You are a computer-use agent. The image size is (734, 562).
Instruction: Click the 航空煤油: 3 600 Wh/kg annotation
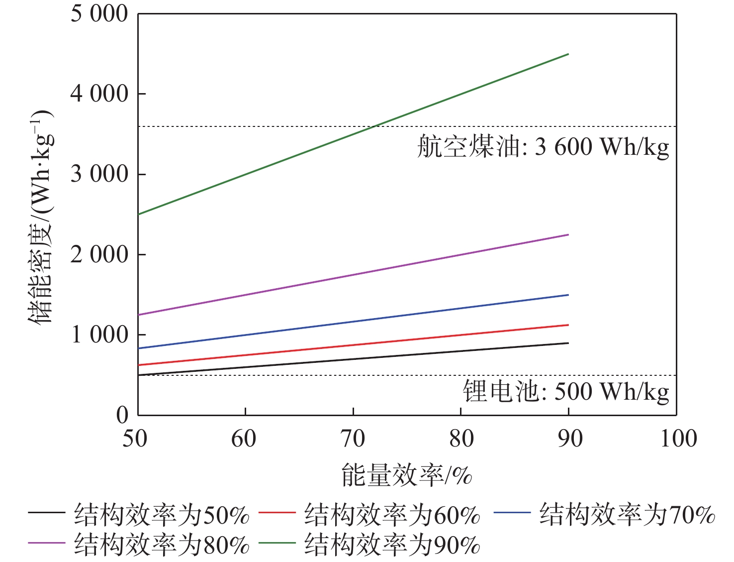coord(543,147)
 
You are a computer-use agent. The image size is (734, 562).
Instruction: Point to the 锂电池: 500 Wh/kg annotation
coord(566,392)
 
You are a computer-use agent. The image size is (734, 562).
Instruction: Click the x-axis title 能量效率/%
coord(406,475)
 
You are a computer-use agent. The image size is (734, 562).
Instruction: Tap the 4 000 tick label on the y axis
coord(99,94)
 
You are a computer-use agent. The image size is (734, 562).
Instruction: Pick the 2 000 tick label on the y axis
coord(99,254)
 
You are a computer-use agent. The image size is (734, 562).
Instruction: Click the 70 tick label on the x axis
coord(353,439)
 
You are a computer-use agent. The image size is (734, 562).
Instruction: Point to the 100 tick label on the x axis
coord(678,439)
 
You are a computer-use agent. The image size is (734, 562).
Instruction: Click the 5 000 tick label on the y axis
coord(99,13)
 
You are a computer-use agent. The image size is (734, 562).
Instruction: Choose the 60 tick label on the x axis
coord(244,439)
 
